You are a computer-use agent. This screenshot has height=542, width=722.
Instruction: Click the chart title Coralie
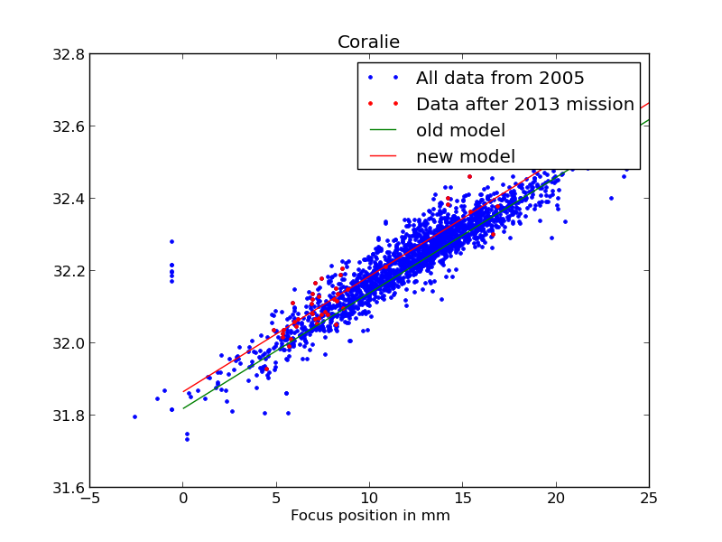[x=368, y=42]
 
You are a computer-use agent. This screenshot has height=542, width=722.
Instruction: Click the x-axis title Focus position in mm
[x=370, y=516]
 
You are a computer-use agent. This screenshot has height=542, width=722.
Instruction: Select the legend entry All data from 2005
[x=500, y=78]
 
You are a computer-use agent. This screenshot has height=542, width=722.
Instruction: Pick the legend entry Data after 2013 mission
[x=524, y=104]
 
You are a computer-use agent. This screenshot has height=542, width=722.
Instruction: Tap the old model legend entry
[x=460, y=130]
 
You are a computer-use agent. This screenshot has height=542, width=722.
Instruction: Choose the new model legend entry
[x=466, y=156]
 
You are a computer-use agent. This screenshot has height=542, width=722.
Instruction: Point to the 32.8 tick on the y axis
[x=69, y=54]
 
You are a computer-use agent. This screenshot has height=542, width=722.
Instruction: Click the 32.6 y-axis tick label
[x=69, y=126]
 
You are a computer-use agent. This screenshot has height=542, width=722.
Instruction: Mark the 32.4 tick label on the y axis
[x=69, y=199]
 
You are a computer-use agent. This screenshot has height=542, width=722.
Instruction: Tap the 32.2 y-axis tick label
[x=69, y=271]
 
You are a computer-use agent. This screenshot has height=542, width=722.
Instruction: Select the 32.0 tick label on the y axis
[x=69, y=343]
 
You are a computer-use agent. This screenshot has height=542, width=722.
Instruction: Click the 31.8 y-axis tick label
[x=69, y=416]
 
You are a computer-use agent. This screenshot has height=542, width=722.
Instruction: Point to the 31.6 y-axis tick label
[x=69, y=488]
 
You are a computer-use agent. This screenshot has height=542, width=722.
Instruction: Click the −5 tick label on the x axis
[x=90, y=500]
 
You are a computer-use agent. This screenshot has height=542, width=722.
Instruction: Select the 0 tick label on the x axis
[x=183, y=500]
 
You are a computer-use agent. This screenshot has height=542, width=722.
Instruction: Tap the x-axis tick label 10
[x=369, y=500]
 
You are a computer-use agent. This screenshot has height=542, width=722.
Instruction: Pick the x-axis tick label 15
[x=463, y=500]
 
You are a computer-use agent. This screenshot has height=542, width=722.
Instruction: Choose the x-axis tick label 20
[x=556, y=500]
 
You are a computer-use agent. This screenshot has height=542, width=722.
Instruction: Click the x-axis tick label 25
[x=649, y=500]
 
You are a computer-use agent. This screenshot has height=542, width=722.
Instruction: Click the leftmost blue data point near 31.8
[x=134, y=416]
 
